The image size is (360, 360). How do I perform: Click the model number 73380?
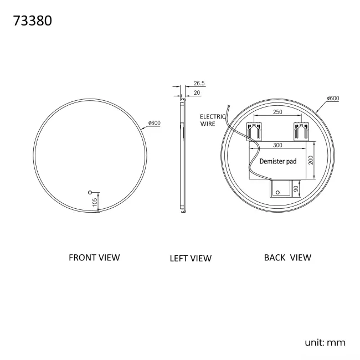point(32,22)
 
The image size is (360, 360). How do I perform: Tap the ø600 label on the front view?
point(155,123)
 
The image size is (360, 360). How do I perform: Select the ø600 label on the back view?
point(333,99)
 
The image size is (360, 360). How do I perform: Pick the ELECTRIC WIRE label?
point(213,120)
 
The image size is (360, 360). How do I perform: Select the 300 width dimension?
point(278,145)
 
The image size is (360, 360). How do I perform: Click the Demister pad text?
point(278,162)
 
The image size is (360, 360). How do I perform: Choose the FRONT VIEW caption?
point(94,257)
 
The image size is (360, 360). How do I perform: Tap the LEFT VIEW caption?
point(191,258)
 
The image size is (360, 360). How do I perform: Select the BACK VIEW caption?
point(287,257)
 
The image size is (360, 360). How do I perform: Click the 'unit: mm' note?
point(325,342)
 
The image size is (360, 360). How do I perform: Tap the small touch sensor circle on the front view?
point(90,193)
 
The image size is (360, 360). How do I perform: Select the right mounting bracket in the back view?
point(301,132)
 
